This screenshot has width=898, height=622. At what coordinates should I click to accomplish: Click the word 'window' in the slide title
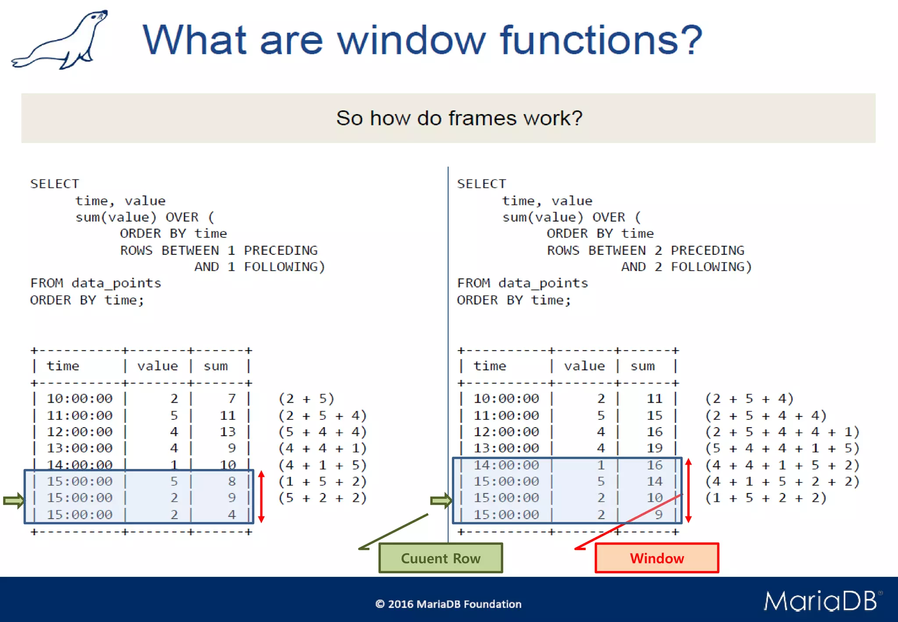tap(411, 40)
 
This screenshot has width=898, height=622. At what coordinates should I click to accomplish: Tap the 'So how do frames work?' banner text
tap(459, 118)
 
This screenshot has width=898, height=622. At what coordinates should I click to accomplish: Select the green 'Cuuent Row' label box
tap(440, 558)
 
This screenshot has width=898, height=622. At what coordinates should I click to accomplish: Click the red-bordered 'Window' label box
tap(656, 558)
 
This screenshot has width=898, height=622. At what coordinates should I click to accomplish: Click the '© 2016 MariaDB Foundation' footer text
tap(448, 604)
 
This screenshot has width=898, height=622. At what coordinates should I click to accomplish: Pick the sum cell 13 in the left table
tap(228, 432)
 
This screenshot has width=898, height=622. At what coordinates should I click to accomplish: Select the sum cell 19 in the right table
tap(654, 448)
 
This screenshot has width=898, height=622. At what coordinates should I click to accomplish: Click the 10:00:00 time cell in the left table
tap(80, 398)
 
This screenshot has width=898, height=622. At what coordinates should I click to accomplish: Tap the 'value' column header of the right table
tap(584, 366)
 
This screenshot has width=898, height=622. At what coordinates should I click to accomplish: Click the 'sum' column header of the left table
tap(215, 366)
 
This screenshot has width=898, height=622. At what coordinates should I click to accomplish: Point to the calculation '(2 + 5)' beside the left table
tap(306, 398)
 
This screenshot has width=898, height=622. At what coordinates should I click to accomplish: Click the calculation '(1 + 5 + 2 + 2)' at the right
tap(766, 498)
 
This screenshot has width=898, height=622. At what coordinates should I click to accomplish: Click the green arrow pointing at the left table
tap(14, 500)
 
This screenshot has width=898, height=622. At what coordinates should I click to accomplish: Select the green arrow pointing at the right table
tap(441, 500)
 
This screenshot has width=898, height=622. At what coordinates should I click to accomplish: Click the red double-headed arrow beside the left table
tap(261, 497)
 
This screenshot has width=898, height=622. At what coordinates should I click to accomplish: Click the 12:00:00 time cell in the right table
tap(506, 432)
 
